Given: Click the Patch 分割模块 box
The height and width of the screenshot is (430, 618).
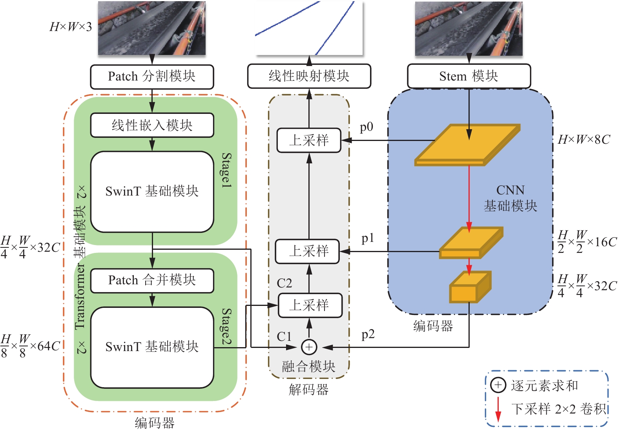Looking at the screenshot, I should pyautogui.click(x=152, y=77).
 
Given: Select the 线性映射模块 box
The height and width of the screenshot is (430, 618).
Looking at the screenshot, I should pyautogui.click(x=309, y=76).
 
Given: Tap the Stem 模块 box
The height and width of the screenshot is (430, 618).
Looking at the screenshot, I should pyautogui.click(x=469, y=76).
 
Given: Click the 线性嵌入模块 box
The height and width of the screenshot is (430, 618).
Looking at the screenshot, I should pyautogui.click(x=152, y=125).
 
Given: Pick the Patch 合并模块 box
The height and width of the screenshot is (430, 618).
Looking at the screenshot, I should pyautogui.click(x=152, y=280).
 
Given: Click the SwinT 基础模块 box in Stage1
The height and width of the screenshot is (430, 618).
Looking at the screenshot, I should pyautogui.click(x=152, y=192).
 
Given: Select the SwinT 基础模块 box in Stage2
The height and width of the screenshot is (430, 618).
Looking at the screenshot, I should pyautogui.click(x=152, y=347).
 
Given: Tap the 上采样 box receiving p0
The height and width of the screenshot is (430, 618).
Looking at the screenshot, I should pyautogui.click(x=309, y=140).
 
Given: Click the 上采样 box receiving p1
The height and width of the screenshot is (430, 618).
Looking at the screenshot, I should pyautogui.click(x=308, y=251).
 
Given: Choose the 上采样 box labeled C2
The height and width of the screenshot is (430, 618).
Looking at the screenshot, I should pyautogui.click(x=310, y=306).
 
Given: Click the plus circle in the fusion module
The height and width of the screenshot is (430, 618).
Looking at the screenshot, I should pyautogui.click(x=309, y=347).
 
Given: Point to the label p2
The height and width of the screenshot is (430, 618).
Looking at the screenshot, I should pyautogui.click(x=368, y=335).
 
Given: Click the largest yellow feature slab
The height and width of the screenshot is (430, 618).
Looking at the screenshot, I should pyautogui.click(x=467, y=145).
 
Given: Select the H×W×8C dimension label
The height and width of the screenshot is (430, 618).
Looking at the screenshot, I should pyautogui.click(x=584, y=139).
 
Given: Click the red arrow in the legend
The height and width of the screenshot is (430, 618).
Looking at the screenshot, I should pyautogui.click(x=498, y=409).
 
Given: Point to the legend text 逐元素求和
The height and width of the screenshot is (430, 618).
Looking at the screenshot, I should pyautogui.click(x=545, y=386).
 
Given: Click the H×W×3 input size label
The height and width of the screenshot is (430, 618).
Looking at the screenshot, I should pyautogui.click(x=71, y=27).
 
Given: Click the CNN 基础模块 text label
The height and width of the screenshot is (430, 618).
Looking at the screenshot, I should pyautogui.click(x=510, y=198).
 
